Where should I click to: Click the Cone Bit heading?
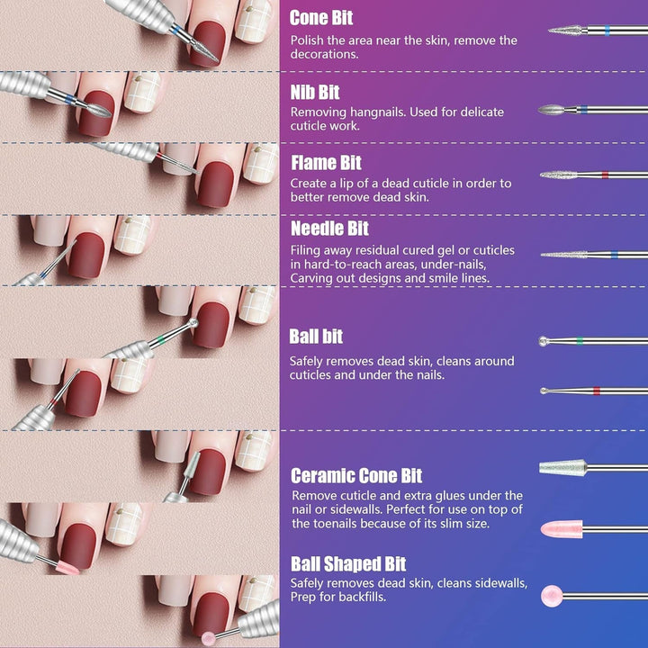point(321,18)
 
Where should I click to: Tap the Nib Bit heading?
point(315,92)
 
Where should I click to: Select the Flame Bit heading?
point(326,163)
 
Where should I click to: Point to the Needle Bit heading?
point(329,229)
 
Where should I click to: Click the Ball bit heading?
point(316,337)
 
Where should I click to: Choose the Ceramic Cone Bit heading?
point(356,476)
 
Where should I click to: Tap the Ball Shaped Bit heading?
point(348,564)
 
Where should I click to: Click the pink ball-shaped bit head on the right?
point(552,596)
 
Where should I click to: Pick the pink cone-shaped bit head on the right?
point(562,529)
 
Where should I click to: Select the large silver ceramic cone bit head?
point(562,468)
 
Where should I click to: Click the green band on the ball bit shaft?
point(580,341)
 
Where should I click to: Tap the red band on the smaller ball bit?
point(597,391)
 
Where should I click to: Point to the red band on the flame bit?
point(605,175)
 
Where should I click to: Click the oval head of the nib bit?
point(551,110)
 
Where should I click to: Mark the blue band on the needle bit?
point(614,255)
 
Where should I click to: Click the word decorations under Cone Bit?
point(324,54)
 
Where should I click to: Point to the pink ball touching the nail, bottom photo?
point(208,639)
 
